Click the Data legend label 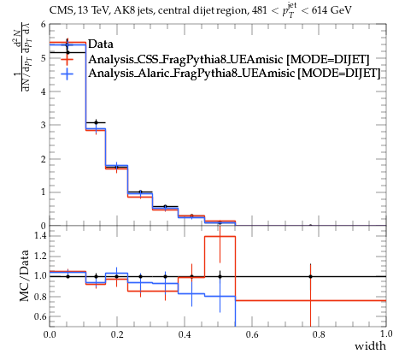tap(101, 44)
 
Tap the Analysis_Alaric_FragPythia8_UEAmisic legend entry tap(234, 73)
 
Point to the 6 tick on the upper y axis tap(43, 25)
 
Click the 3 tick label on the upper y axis tap(43, 125)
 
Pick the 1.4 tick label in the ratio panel tap(40, 235)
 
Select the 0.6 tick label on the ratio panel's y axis tap(40, 316)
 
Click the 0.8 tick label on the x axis tap(319, 334)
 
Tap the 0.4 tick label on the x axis tap(185, 334)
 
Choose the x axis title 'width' tap(370, 346)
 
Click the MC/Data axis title tap(24, 275)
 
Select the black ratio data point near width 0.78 tap(310, 276)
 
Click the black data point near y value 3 tap(97, 122)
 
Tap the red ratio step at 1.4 tap(220, 236)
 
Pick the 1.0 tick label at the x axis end tap(386, 334)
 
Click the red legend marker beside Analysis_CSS tap(67, 59)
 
